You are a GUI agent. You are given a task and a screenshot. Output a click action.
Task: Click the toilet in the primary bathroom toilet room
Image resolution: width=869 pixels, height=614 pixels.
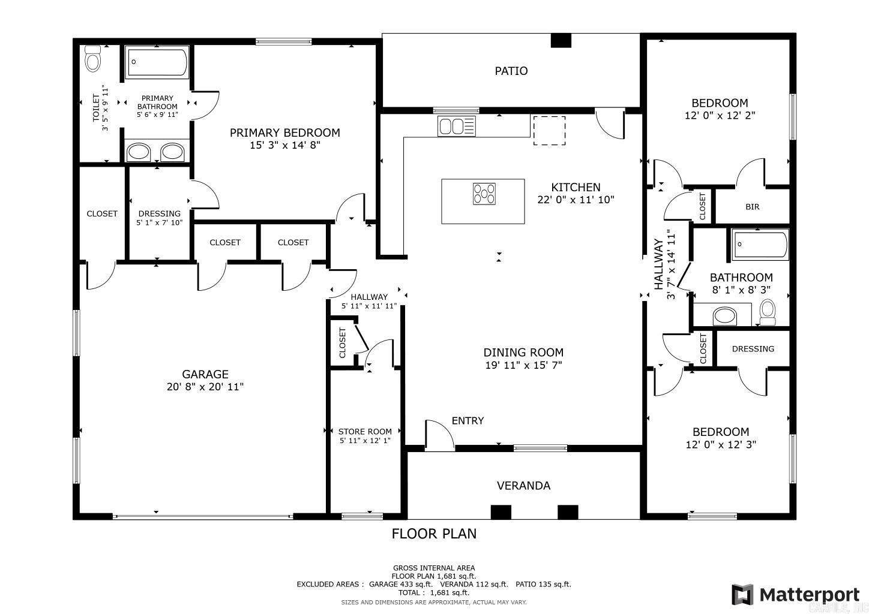tap(92, 58)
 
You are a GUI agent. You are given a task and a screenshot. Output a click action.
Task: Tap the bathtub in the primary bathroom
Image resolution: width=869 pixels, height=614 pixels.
tap(158, 62)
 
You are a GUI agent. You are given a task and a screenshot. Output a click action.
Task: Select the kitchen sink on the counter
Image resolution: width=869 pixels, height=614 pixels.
tap(457, 127)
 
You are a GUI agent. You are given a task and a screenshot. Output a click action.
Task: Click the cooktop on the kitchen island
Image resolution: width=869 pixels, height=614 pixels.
tap(484, 194)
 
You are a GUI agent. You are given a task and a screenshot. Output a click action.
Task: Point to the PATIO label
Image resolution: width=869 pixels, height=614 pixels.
tap(511, 71)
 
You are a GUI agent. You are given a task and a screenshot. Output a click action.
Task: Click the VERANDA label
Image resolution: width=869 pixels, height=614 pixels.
tap(523, 486)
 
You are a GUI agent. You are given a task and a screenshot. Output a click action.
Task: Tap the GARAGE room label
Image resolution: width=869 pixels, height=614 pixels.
tap(205, 374)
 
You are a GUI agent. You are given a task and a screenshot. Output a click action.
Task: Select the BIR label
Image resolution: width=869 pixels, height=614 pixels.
tap(752, 207)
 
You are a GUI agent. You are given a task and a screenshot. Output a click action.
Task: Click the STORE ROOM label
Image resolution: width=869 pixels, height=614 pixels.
tap(365, 431)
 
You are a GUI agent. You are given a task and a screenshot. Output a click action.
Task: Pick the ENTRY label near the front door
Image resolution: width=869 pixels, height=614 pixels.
tap(468, 421)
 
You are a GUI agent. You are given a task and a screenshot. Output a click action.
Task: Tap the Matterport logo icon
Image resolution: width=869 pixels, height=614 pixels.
tap(742, 594)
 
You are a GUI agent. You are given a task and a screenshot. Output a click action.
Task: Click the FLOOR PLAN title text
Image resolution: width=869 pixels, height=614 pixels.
tap(434, 534)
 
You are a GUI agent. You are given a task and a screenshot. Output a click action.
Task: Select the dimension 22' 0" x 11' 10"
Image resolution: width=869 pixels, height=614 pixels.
tap(576, 200)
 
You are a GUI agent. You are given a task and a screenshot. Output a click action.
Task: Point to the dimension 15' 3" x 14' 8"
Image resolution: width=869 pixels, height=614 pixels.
tap(285, 145)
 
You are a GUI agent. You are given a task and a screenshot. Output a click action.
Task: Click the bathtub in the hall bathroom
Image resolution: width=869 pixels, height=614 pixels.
tap(760, 245)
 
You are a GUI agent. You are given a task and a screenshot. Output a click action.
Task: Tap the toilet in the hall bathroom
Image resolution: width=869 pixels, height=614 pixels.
tap(767, 311)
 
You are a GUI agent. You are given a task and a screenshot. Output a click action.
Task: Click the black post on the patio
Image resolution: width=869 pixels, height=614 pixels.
tap(561, 40)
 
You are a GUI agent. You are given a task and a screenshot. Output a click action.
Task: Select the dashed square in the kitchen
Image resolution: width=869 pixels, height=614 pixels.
tap(549, 130)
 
